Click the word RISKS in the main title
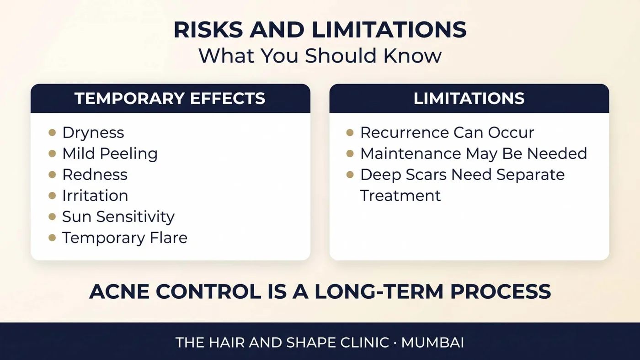pos(208,30)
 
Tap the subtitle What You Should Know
pos(320,56)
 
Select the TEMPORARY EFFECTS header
pos(170,99)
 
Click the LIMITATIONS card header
pos(469,99)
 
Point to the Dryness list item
pos(93,133)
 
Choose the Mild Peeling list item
pos(110,154)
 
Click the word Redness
pos(95,175)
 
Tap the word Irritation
pos(95,196)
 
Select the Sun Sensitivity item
pos(118,217)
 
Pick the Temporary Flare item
pos(124,238)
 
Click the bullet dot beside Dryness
pos(52,132)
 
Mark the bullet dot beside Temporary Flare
pos(52,238)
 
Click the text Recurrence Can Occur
pos(447,133)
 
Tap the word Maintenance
pos(411,154)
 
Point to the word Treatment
pos(400,196)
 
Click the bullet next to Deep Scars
pos(350,175)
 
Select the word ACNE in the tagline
pos(119,292)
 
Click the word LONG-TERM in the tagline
pos(379,292)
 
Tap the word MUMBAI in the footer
pos(432,343)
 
